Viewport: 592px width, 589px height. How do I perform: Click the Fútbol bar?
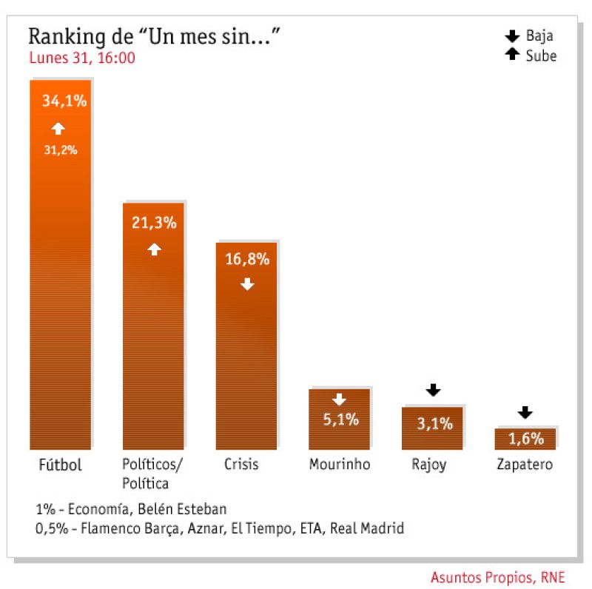pyautogui.click(x=60, y=296)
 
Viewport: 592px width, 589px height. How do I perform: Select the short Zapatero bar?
pyautogui.click(x=525, y=439)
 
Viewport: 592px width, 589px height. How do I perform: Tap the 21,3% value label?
pyautogui.click(x=154, y=223)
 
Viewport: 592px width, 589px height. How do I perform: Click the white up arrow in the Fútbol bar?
pyautogui.click(x=58, y=129)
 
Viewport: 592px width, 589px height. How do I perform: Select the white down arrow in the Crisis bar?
pyautogui.click(x=247, y=283)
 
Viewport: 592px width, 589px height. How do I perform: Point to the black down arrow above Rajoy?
pyautogui.click(x=434, y=390)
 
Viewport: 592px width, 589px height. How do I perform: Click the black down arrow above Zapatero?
pyautogui.click(x=525, y=412)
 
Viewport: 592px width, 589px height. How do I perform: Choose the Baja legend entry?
pyautogui.click(x=531, y=36)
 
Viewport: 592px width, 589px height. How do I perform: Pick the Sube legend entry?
pyautogui.click(x=531, y=55)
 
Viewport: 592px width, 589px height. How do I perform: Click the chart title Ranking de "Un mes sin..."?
pyautogui.click(x=154, y=37)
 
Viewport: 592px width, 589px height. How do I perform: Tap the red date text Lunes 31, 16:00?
pyautogui.click(x=81, y=58)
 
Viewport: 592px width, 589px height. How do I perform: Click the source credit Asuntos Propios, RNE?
pyautogui.click(x=497, y=576)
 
